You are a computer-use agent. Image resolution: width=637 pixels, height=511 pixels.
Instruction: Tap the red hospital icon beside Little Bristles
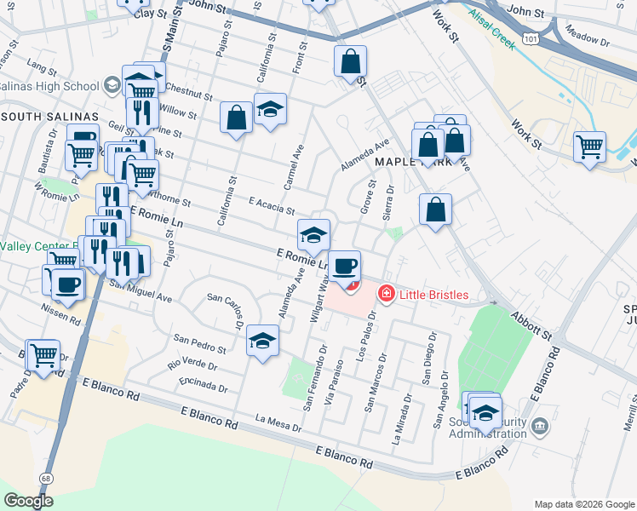tap(386, 294)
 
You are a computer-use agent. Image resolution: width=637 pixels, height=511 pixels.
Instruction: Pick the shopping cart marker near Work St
tap(589, 146)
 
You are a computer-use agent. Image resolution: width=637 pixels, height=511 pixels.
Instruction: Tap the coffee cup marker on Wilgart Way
tap(344, 267)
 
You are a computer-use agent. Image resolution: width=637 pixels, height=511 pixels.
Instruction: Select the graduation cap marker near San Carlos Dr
tap(263, 342)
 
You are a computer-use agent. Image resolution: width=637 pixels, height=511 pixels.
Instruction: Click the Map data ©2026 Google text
tap(582, 503)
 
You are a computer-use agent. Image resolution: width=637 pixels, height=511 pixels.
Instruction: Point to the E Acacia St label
tap(271, 204)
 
